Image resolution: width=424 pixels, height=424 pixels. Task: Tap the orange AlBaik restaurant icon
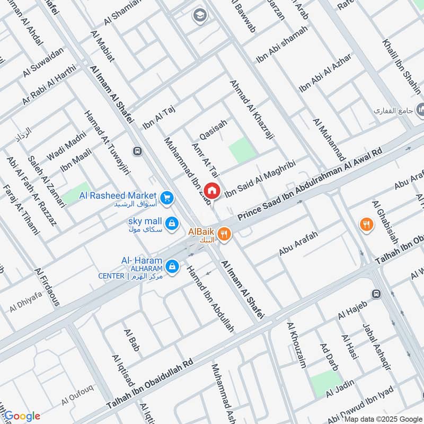pyautogui.click(x=224, y=234)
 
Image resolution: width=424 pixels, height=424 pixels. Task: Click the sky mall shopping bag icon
pyautogui.click(x=171, y=224)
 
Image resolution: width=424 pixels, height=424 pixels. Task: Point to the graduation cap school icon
pyautogui.click(x=200, y=14)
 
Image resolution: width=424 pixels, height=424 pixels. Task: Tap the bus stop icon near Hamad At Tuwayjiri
pyautogui.click(x=138, y=152)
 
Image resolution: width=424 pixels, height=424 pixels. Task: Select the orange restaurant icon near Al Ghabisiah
pyautogui.click(x=366, y=224)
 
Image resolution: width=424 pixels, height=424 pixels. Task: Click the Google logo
pyautogui.click(x=22, y=416)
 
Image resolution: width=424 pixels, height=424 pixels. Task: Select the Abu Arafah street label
pyautogui.click(x=298, y=244)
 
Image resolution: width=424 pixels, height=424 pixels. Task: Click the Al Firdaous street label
pyautogui.click(x=47, y=287)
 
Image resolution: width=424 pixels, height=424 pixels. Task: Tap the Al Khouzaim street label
pyautogui.click(x=296, y=345)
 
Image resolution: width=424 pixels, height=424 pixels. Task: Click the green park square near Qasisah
pyautogui.click(x=242, y=149)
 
